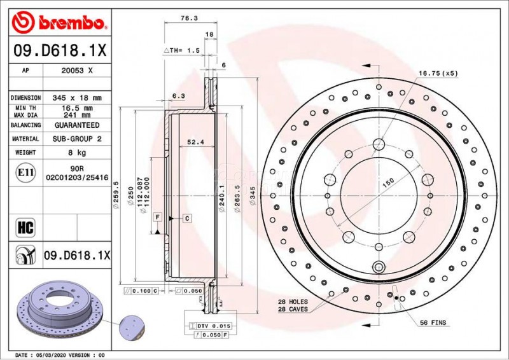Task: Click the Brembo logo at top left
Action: pyautogui.click(x=58, y=23)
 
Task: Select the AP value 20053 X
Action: pyautogui.click(x=76, y=71)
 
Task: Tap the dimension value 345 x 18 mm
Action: pyautogui.click(x=76, y=98)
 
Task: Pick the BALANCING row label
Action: pyautogui.click(x=25, y=125)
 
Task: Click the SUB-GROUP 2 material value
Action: pyautogui.click(x=76, y=139)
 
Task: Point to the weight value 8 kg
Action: pyautogui.click(x=76, y=153)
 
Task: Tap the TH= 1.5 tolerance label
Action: pyautogui.click(x=183, y=50)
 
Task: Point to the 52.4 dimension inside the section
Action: pyautogui.click(x=195, y=142)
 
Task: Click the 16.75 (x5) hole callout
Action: pyautogui.click(x=438, y=74)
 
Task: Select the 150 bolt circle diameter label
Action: pyautogui.click(x=388, y=182)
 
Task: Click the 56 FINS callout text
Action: pyautogui.click(x=433, y=323)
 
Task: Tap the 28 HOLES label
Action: pyautogui.click(x=293, y=301)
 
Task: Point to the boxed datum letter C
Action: pyautogui.click(x=188, y=218)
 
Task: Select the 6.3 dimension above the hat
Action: pyautogui.click(x=179, y=96)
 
